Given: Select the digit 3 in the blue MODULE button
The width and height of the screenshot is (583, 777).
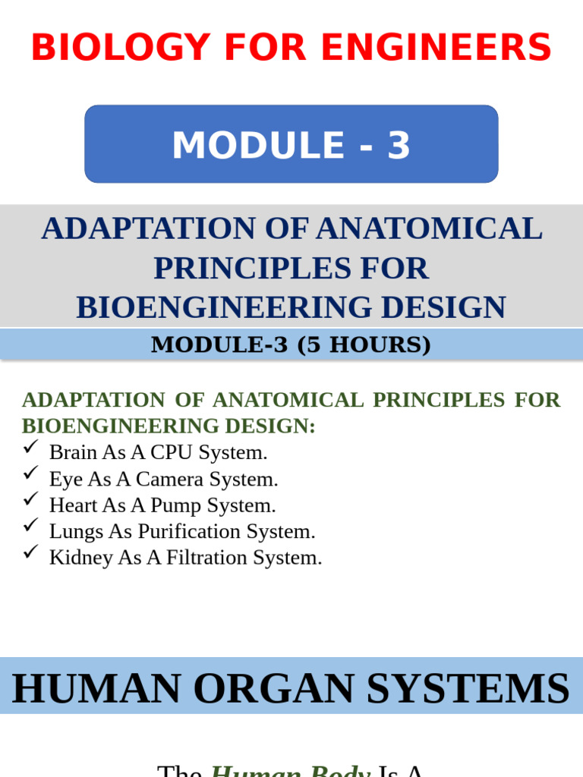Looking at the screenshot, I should point(399,146).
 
